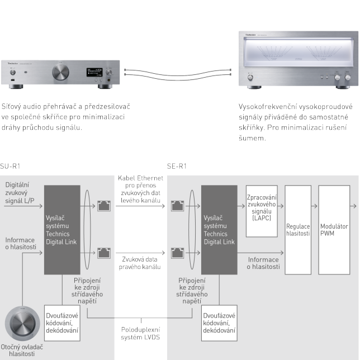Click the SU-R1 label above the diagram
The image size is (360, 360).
(10, 166)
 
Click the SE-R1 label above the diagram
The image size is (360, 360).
(177, 166)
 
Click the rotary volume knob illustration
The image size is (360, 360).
(22, 325)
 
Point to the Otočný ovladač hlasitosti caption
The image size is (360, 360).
(22, 350)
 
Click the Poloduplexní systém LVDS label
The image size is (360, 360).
(140, 334)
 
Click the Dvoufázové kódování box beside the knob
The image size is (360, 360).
(61, 323)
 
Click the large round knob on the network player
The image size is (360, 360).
(59, 72)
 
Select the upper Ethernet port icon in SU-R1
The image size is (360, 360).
(103, 206)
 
